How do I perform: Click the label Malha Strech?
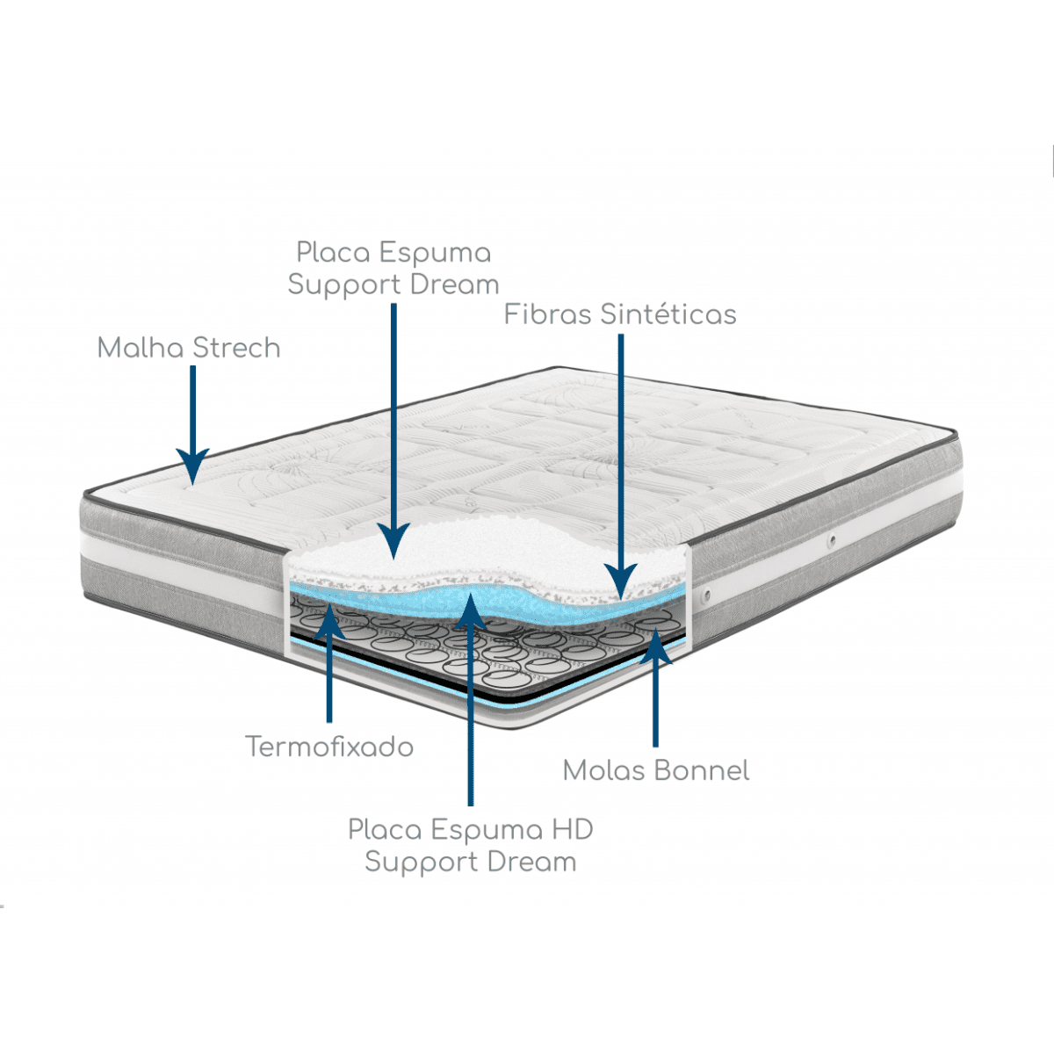tap(189, 349)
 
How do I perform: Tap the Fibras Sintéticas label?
tap(620, 314)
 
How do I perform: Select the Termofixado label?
tap(329, 747)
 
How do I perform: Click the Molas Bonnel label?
tap(656, 770)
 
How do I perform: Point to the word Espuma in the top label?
tap(436, 253)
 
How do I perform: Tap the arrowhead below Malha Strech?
tap(192, 466)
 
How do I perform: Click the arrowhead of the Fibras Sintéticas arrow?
tap(621, 581)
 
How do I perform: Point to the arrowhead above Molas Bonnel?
tap(655, 646)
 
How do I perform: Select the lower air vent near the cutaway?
tap(707, 593)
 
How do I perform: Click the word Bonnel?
tap(702, 770)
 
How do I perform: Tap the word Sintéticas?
tap(668, 314)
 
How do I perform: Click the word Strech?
tap(236, 349)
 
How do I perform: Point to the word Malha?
tap(141, 349)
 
